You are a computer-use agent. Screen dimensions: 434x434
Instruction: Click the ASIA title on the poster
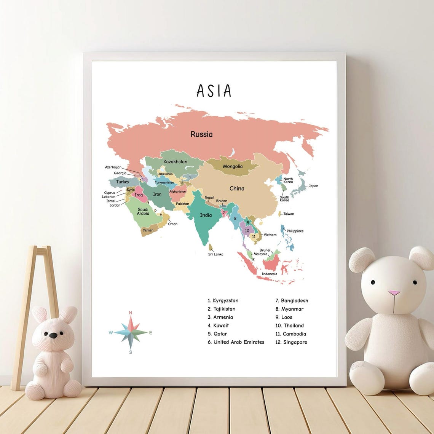(214, 91)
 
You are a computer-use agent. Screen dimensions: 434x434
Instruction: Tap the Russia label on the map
(201, 134)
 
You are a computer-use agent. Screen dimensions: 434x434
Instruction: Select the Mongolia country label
(233, 166)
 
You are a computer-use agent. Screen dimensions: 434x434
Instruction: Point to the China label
(237, 188)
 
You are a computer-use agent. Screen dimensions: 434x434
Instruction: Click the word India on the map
(206, 215)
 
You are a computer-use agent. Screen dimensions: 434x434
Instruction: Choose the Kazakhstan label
(175, 162)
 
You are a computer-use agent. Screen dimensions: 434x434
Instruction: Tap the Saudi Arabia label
(143, 212)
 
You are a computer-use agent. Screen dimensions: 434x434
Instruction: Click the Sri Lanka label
(215, 254)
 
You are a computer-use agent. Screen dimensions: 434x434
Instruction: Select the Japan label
(313, 186)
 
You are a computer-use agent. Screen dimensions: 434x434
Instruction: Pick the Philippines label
(295, 231)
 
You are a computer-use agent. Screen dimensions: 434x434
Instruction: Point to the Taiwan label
(289, 214)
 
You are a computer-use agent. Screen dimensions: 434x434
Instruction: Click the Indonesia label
(269, 274)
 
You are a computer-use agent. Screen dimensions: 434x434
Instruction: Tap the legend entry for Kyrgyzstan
(223, 301)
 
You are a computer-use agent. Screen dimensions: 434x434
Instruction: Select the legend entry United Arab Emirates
(236, 342)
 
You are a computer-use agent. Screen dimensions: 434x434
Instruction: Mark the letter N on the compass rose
(131, 313)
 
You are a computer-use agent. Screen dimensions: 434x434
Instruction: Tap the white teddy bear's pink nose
(394, 293)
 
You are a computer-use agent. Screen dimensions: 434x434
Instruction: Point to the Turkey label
(123, 182)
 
